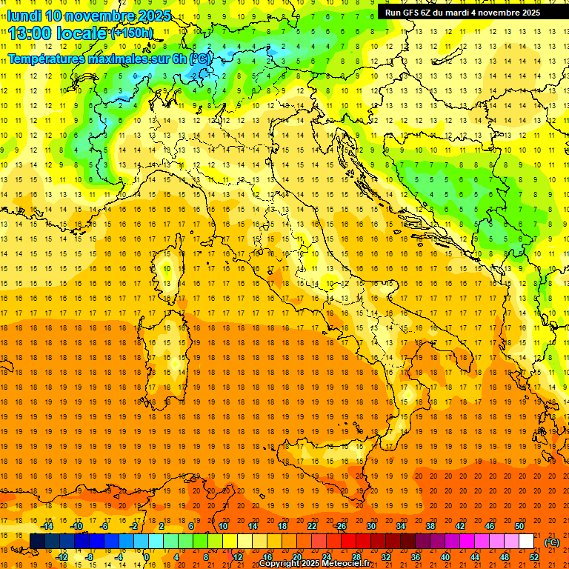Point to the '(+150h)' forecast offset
coord(132,33)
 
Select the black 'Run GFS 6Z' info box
coord(462,12)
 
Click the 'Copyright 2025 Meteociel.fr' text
coord(314,563)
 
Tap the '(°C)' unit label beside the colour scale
coord(552,542)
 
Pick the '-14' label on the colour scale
coord(47,526)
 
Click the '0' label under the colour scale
coord(147,556)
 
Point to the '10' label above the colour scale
coord(223,526)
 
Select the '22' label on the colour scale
coord(312,526)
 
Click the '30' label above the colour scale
coord(371,526)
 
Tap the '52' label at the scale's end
coord(533,556)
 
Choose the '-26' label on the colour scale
coord(340,526)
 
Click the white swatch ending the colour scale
coord(527,542)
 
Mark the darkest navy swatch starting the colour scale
coord(37,542)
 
